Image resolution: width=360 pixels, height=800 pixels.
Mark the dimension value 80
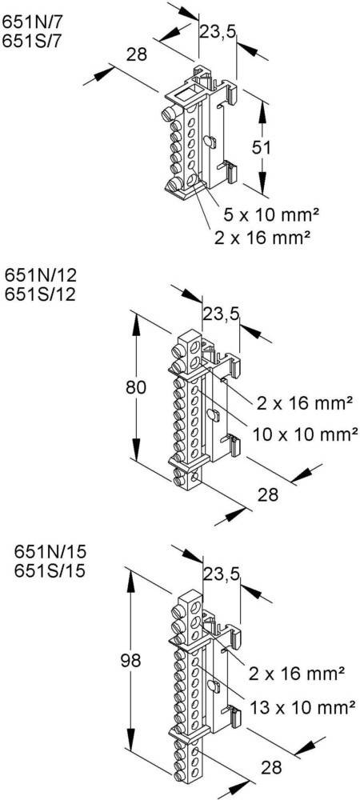point(137,387)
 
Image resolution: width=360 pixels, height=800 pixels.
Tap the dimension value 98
point(130,661)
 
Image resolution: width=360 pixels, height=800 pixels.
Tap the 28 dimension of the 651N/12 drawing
point(268,494)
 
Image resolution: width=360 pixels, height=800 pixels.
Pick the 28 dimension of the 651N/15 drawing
point(272,767)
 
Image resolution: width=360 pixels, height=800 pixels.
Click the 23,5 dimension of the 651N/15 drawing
point(222,573)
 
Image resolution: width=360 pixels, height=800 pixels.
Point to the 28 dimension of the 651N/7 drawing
point(138,54)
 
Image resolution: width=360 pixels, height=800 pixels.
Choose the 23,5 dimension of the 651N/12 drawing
point(222,314)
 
